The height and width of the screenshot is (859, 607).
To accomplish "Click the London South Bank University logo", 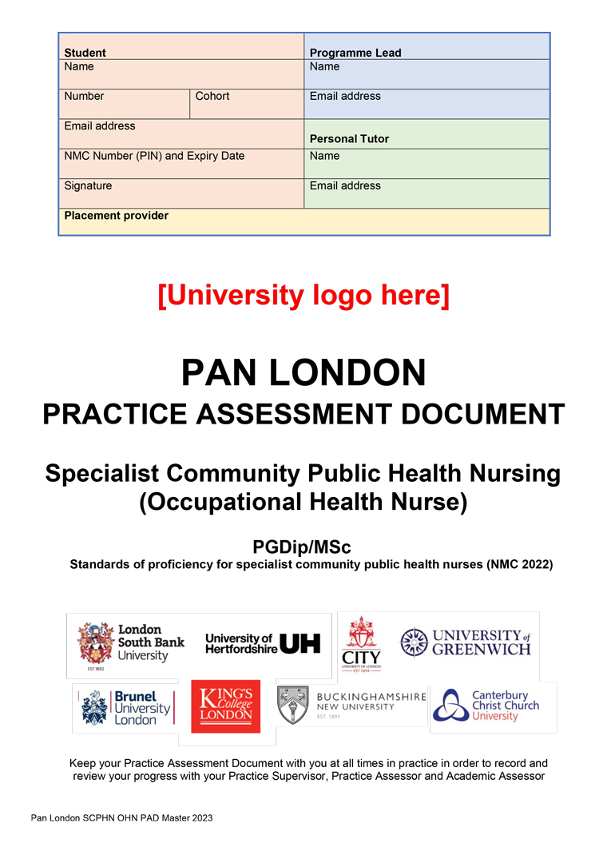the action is click(x=131, y=644).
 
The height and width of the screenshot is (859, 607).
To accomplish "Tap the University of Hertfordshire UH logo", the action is click(x=263, y=643).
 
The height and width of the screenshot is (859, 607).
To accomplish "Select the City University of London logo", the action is click(x=361, y=644).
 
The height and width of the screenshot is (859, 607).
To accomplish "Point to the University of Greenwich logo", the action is click(x=466, y=642).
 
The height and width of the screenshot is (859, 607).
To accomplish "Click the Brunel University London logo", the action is click(x=125, y=707).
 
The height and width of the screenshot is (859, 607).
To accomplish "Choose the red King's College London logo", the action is click(x=225, y=706).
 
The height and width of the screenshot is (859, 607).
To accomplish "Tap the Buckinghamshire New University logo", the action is click(x=351, y=705).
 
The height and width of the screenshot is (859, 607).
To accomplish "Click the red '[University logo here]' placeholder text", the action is click(x=303, y=295).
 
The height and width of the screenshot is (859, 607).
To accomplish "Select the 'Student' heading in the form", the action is click(x=85, y=53).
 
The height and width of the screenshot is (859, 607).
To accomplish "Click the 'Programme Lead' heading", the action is click(x=355, y=53).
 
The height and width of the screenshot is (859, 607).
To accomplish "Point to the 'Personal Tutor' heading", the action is click(x=349, y=139).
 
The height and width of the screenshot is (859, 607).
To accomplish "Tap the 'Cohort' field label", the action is click(x=212, y=96).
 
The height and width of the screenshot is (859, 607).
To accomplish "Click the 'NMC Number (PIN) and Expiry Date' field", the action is click(x=154, y=156).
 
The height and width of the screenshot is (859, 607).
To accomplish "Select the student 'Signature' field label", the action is click(x=88, y=185).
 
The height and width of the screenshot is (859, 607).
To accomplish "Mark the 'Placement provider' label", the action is click(x=116, y=216).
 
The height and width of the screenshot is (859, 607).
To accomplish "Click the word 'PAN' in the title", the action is click(x=221, y=372).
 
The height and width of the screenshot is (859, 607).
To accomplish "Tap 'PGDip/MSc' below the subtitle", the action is click(x=302, y=547).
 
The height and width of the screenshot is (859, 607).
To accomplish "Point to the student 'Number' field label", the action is click(x=84, y=96).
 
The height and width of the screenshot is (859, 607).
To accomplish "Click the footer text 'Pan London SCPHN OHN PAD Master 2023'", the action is click(x=121, y=818).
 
